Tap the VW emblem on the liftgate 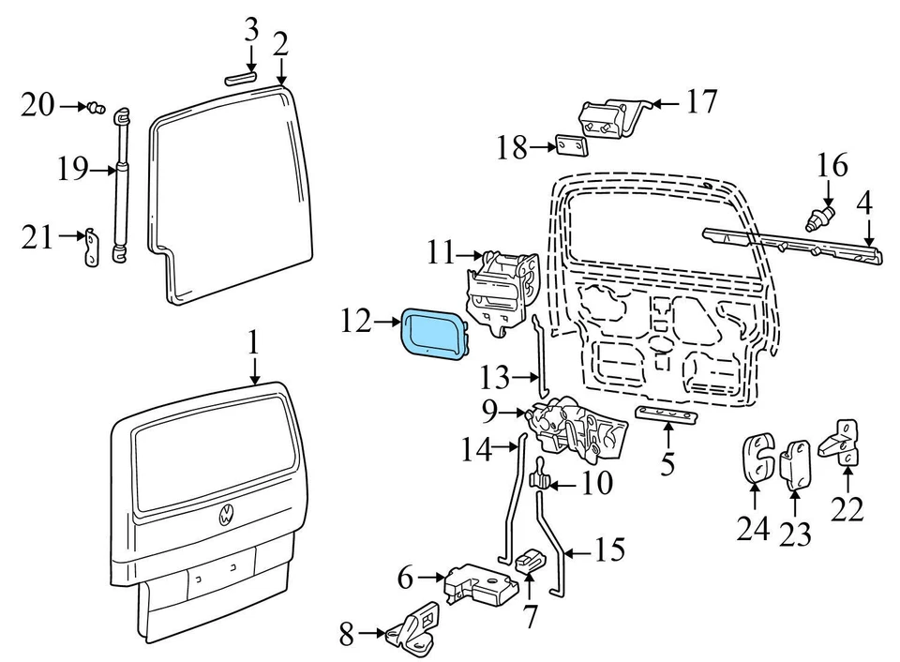(228, 515)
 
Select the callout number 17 (700, 101)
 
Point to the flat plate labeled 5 (667, 414)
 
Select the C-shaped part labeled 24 (757, 459)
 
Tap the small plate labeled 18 (570, 147)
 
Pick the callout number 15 (609, 549)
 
